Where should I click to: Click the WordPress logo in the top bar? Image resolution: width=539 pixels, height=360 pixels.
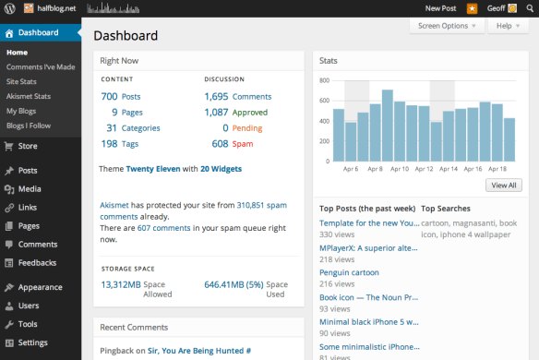tap(10, 9)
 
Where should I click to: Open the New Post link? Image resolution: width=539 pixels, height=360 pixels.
tap(440, 9)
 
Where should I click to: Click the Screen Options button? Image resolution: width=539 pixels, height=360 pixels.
tap(448, 26)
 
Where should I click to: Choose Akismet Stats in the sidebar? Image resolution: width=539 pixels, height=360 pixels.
tap(29, 96)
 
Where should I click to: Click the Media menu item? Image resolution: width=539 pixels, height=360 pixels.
tap(30, 188)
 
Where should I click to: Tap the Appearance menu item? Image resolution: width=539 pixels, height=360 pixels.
tap(40, 287)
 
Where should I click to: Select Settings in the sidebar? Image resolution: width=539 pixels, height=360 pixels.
tap(32, 342)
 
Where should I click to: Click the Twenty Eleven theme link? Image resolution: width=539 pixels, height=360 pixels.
tap(152, 169)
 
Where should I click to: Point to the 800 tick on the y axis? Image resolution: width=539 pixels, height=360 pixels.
tap(324, 79)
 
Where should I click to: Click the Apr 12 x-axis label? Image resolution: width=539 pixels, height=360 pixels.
tap(425, 170)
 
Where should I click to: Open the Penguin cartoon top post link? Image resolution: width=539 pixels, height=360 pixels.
tap(349, 273)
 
